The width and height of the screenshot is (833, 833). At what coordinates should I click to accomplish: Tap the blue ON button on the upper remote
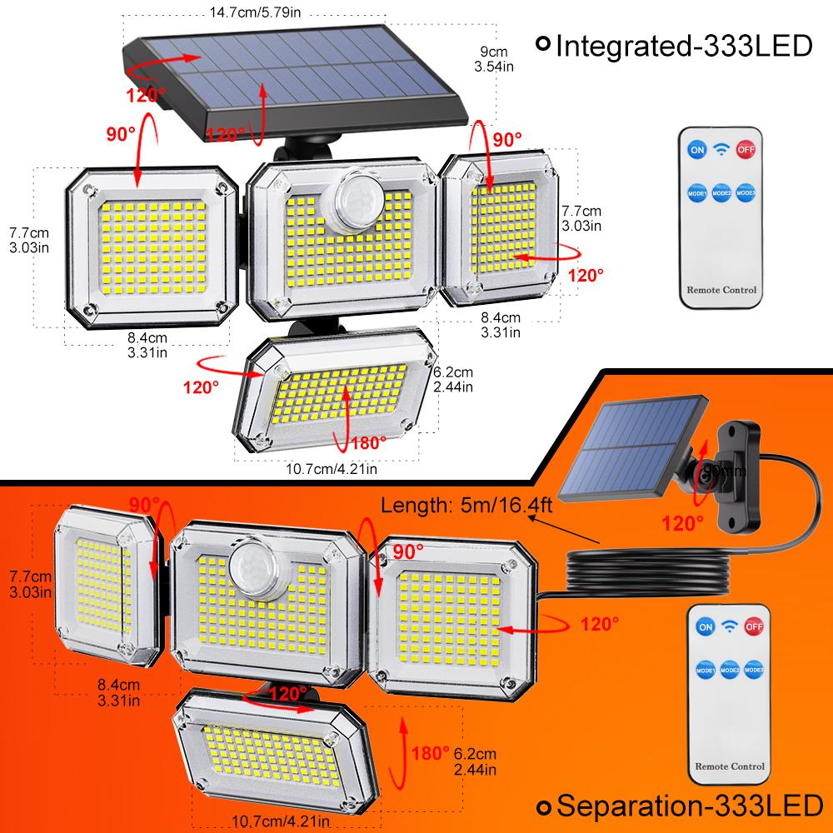point(695,150)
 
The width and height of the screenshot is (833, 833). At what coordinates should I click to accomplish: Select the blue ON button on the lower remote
point(706,626)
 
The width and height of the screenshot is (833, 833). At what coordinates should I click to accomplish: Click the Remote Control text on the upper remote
point(722,291)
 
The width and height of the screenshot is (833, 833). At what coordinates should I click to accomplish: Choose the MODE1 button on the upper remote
point(696,193)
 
